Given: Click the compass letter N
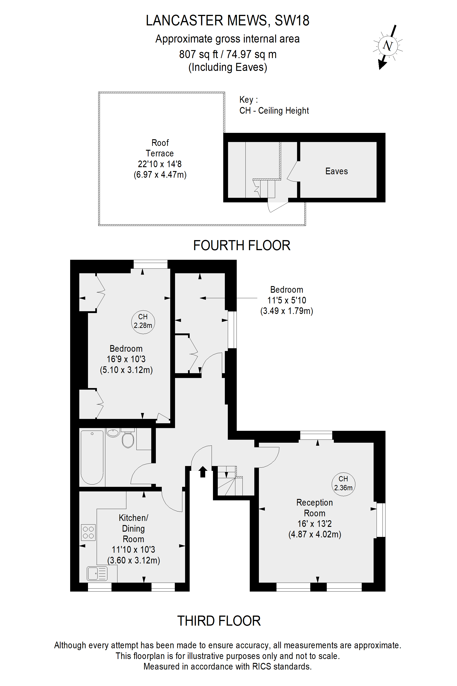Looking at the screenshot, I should click(388, 46).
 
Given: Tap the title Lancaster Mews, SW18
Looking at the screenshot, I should click(227, 20).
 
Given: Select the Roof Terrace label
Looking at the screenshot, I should click(160, 148).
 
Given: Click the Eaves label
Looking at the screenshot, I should click(336, 171).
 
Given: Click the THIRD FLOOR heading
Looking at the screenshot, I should click(219, 621).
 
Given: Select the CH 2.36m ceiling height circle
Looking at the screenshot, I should click(343, 484).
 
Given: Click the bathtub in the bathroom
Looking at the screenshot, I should click(92, 457).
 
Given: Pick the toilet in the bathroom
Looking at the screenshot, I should click(128, 439).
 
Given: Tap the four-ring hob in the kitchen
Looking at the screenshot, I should click(88, 532).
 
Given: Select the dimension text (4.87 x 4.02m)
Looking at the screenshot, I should click(315, 534).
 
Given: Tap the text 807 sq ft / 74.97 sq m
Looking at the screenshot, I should click(228, 54).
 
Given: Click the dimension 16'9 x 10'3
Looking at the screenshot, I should click(126, 359).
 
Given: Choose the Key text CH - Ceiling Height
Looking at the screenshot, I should click(274, 111).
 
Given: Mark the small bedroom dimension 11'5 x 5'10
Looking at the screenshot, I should click(287, 300).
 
